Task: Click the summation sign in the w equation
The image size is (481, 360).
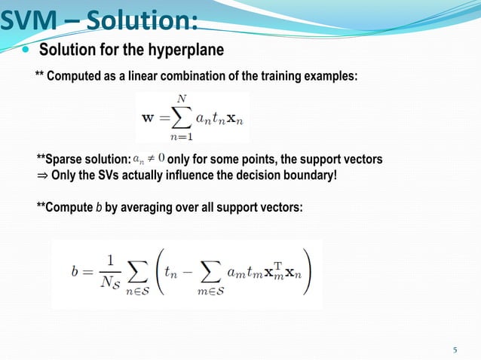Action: pos(181,117)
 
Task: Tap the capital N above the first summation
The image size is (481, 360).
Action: pos(181,98)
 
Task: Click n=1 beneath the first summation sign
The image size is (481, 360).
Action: pos(181,137)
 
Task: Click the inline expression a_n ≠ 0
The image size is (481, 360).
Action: pos(149,159)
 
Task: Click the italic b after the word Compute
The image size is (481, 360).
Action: pos(97,206)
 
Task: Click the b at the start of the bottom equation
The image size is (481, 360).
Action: pos(75,273)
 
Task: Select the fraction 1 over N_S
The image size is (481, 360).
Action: pos(112,273)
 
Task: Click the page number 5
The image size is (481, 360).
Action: pos(455,349)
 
